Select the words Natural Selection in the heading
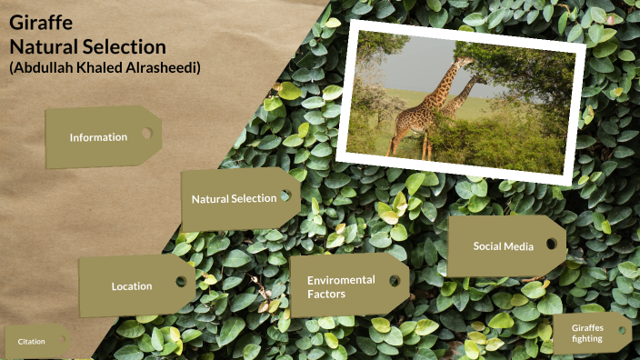(x=87, y=46)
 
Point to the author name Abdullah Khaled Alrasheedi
(x=105, y=68)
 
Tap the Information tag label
(x=98, y=137)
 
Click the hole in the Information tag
(x=146, y=134)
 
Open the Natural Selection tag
(x=234, y=198)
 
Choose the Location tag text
(x=132, y=286)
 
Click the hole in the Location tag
(x=181, y=282)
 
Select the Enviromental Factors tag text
(x=341, y=286)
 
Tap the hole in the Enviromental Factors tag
(x=395, y=280)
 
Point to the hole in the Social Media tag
(x=551, y=244)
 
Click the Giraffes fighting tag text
(x=587, y=333)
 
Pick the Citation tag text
(x=31, y=342)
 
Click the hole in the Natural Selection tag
(x=285, y=195)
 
